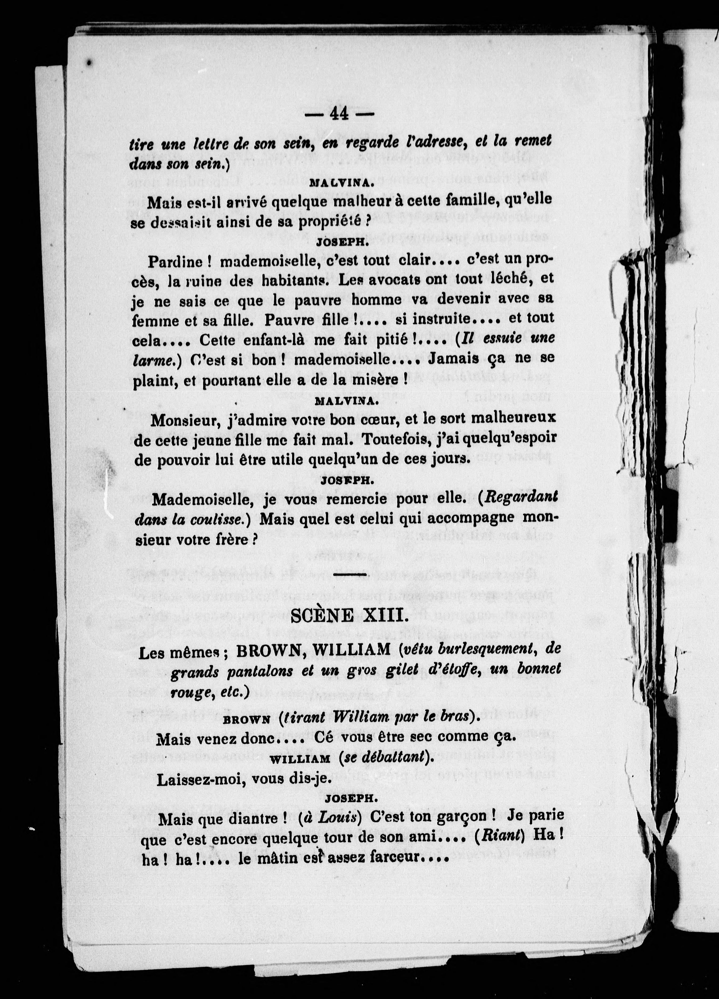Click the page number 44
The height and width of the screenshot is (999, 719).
(x=338, y=114)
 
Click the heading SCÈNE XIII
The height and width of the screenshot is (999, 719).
(x=348, y=616)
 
